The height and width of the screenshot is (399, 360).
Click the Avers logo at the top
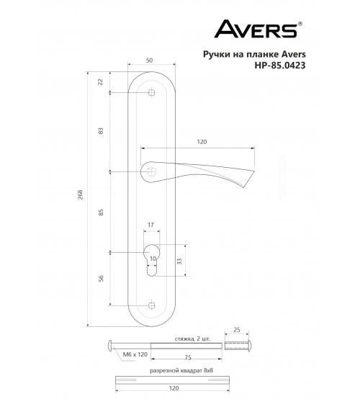pyautogui.click(x=258, y=29)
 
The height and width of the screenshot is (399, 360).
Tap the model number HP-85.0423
pyautogui.click(x=280, y=66)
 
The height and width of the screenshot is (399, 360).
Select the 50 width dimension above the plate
pyautogui.click(x=150, y=60)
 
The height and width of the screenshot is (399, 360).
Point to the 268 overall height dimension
pyautogui.click(x=81, y=194)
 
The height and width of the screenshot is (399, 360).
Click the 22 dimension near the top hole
pyautogui.click(x=101, y=82)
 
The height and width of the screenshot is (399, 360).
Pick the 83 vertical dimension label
pyautogui.click(x=101, y=131)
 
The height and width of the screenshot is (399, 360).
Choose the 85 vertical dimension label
pyautogui.click(x=101, y=212)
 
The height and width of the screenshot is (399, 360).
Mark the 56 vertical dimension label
pyautogui.click(x=101, y=279)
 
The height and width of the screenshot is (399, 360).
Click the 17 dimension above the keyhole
pyautogui.click(x=150, y=225)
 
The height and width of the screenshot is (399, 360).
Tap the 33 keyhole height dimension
pyautogui.click(x=179, y=261)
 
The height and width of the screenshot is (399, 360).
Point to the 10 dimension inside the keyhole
pyautogui.click(x=153, y=259)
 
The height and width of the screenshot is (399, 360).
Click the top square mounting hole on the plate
pyautogui.click(x=152, y=92)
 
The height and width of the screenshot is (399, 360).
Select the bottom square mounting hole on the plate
pyautogui.click(x=152, y=305)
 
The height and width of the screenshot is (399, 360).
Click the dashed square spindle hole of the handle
pyautogui.click(x=152, y=171)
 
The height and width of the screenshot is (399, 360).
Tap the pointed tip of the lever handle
pyautogui.click(x=254, y=171)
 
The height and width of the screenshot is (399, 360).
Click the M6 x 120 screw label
pyautogui.click(x=135, y=354)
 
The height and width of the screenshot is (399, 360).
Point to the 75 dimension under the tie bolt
pyautogui.click(x=187, y=357)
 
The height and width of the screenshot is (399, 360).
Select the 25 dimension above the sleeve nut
pyautogui.click(x=237, y=330)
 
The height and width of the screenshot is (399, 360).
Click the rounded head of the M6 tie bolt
pyautogui.click(x=111, y=345)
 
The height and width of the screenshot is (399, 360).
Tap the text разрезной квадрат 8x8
pyautogui.click(x=181, y=371)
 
